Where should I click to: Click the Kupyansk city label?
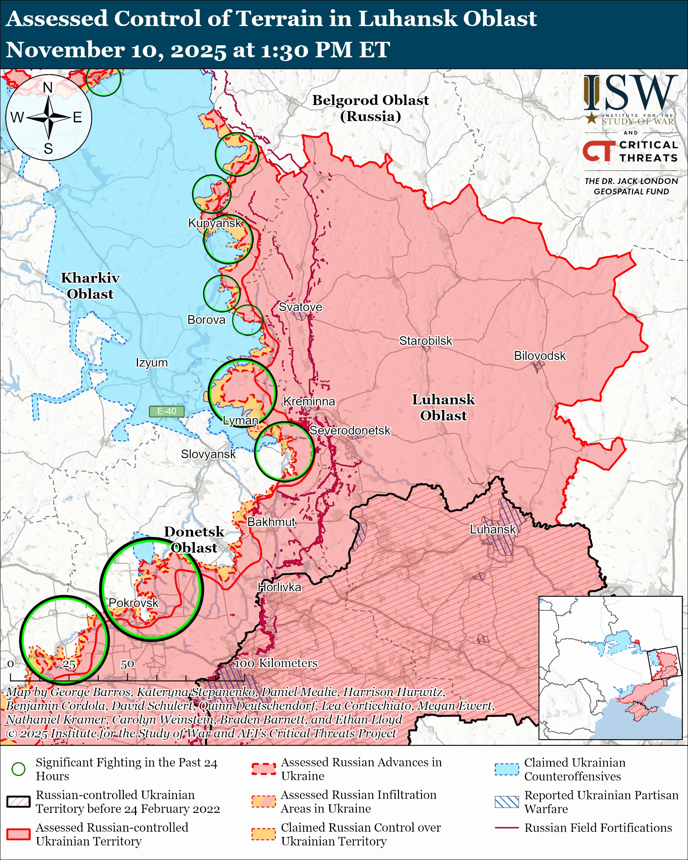[x=215, y=223]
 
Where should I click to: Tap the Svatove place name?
[x=300, y=307]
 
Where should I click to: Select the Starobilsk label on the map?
[x=425, y=341]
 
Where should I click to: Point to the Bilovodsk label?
[x=539, y=355]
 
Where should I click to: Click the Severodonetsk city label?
[x=350, y=430]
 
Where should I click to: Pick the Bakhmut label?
[x=271, y=522]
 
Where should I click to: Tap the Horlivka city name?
[x=279, y=587]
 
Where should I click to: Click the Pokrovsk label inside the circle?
[x=134, y=603]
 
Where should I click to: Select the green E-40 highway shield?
[x=166, y=411]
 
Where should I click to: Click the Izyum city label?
[x=151, y=363]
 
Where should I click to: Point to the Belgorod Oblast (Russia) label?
[x=370, y=108]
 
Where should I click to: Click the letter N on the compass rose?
[x=48, y=87]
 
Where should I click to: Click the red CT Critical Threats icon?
[x=598, y=151]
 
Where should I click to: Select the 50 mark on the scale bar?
[x=127, y=665]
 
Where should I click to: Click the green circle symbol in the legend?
[x=19, y=769]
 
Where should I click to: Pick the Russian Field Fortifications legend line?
[x=507, y=828]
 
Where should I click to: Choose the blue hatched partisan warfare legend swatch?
[x=507, y=802]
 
